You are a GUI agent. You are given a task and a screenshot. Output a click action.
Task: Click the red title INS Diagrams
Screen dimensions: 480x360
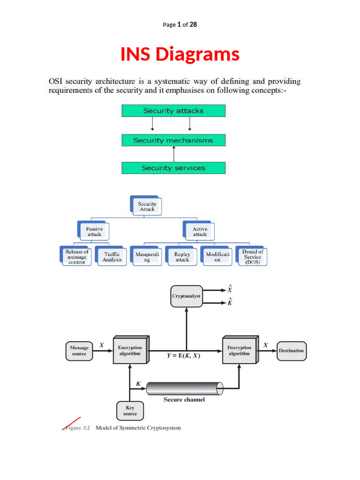180,54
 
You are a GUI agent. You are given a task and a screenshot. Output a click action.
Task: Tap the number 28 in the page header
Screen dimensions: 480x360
193,24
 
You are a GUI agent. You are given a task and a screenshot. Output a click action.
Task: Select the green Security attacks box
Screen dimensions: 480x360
173,111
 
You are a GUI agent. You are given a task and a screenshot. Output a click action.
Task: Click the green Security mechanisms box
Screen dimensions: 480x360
173,140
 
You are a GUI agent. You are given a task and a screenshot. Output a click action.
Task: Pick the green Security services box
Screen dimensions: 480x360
173,168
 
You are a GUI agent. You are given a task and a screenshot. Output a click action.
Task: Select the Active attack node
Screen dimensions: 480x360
200,231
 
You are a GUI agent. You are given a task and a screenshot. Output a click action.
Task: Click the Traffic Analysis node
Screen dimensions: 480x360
112,256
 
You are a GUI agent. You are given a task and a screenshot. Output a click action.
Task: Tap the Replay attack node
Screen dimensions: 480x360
182,256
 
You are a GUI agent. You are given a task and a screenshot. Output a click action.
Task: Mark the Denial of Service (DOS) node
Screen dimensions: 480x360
252,257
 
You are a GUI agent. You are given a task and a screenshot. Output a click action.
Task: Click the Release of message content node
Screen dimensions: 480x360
76,256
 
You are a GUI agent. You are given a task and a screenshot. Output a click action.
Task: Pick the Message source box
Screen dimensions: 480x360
79,351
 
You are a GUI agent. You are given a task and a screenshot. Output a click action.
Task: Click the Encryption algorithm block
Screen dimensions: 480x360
130,350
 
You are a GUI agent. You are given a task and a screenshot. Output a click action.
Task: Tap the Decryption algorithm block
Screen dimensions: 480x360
240,350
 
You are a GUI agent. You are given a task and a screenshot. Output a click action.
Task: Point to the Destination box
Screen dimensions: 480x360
291,351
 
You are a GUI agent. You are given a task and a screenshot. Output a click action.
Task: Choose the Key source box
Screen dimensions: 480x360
130,411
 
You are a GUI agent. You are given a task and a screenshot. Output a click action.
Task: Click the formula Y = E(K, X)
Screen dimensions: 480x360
183,355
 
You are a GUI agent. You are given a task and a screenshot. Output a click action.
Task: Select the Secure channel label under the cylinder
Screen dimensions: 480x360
184,399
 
